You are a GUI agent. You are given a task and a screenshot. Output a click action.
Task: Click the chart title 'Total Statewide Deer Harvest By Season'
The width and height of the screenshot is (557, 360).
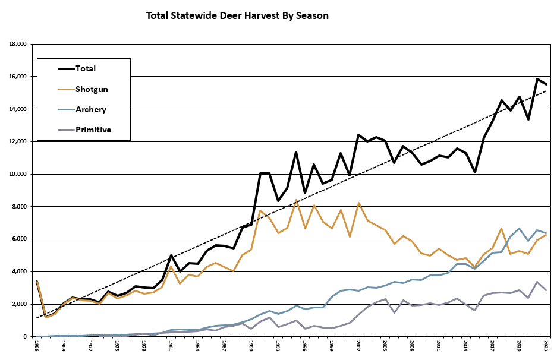pyautogui.click(x=237, y=15)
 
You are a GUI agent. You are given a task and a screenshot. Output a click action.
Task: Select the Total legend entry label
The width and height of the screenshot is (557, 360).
pyautogui.click(x=86, y=69)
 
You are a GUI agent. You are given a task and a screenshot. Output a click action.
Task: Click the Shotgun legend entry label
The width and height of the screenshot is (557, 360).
pyautogui.click(x=92, y=89)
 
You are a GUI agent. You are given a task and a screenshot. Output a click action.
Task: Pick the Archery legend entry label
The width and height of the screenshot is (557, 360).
pyautogui.click(x=91, y=109)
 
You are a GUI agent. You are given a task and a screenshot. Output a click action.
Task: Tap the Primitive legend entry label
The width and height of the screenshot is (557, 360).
pyautogui.click(x=93, y=129)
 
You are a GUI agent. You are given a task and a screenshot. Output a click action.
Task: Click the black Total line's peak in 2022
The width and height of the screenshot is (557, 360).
pyautogui.click(x=537, y=79)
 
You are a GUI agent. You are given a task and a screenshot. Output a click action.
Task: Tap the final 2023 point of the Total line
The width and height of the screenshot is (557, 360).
pyautogui.click(x=546, y=84)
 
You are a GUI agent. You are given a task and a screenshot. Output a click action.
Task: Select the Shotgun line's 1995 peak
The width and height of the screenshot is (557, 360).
pyautogui.click(x=296, y=200)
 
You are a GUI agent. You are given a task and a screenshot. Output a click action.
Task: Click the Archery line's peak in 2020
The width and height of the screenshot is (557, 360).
pyautogui.click(x=520, y=228)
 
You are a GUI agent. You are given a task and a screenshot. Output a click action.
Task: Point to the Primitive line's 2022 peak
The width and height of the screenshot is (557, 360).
pyautogui.click(x=537, y=282)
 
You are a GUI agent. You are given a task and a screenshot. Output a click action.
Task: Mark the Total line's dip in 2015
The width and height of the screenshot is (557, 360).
pyautogui.click(x=475, y=172)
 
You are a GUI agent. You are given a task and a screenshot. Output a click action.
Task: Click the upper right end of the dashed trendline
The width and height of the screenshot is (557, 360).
pyautogui.click(x=546, y=91)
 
